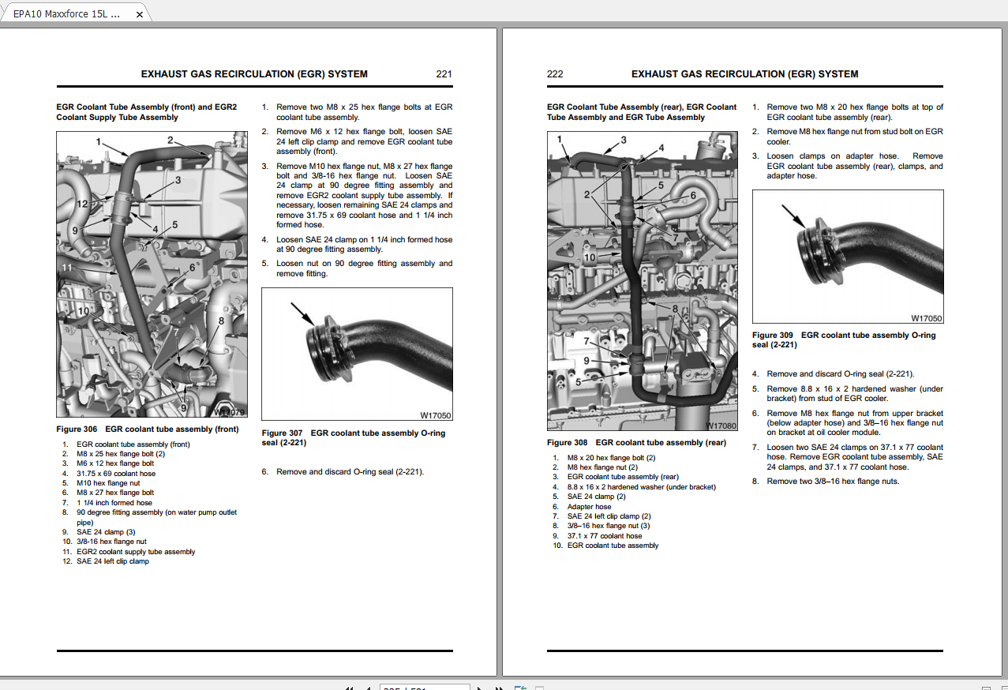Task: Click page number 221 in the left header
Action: (x=444, y=74)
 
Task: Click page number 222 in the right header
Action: (x=555, y=74)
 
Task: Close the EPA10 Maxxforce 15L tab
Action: (x=139, y=14)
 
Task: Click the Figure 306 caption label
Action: (x=77, y=429)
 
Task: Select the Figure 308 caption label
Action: (x=567, y=443)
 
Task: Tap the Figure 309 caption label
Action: (x=773, y=336)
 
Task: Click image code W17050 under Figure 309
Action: (x=926, y=319)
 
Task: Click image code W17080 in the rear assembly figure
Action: (x=721, y=426)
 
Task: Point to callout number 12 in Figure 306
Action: (x=82, y=204)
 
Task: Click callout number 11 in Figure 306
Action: (x=67, y=268)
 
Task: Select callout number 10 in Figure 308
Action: (x=589, y=257)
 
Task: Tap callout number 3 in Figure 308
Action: (x=623, y=140)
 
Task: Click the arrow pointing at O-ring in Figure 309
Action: (x=793, y=216)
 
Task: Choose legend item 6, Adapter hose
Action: (x=588, y=507)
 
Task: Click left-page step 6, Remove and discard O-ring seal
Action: (x=349, y=472)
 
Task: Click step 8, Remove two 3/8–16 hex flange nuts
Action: (x=832, y=482)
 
